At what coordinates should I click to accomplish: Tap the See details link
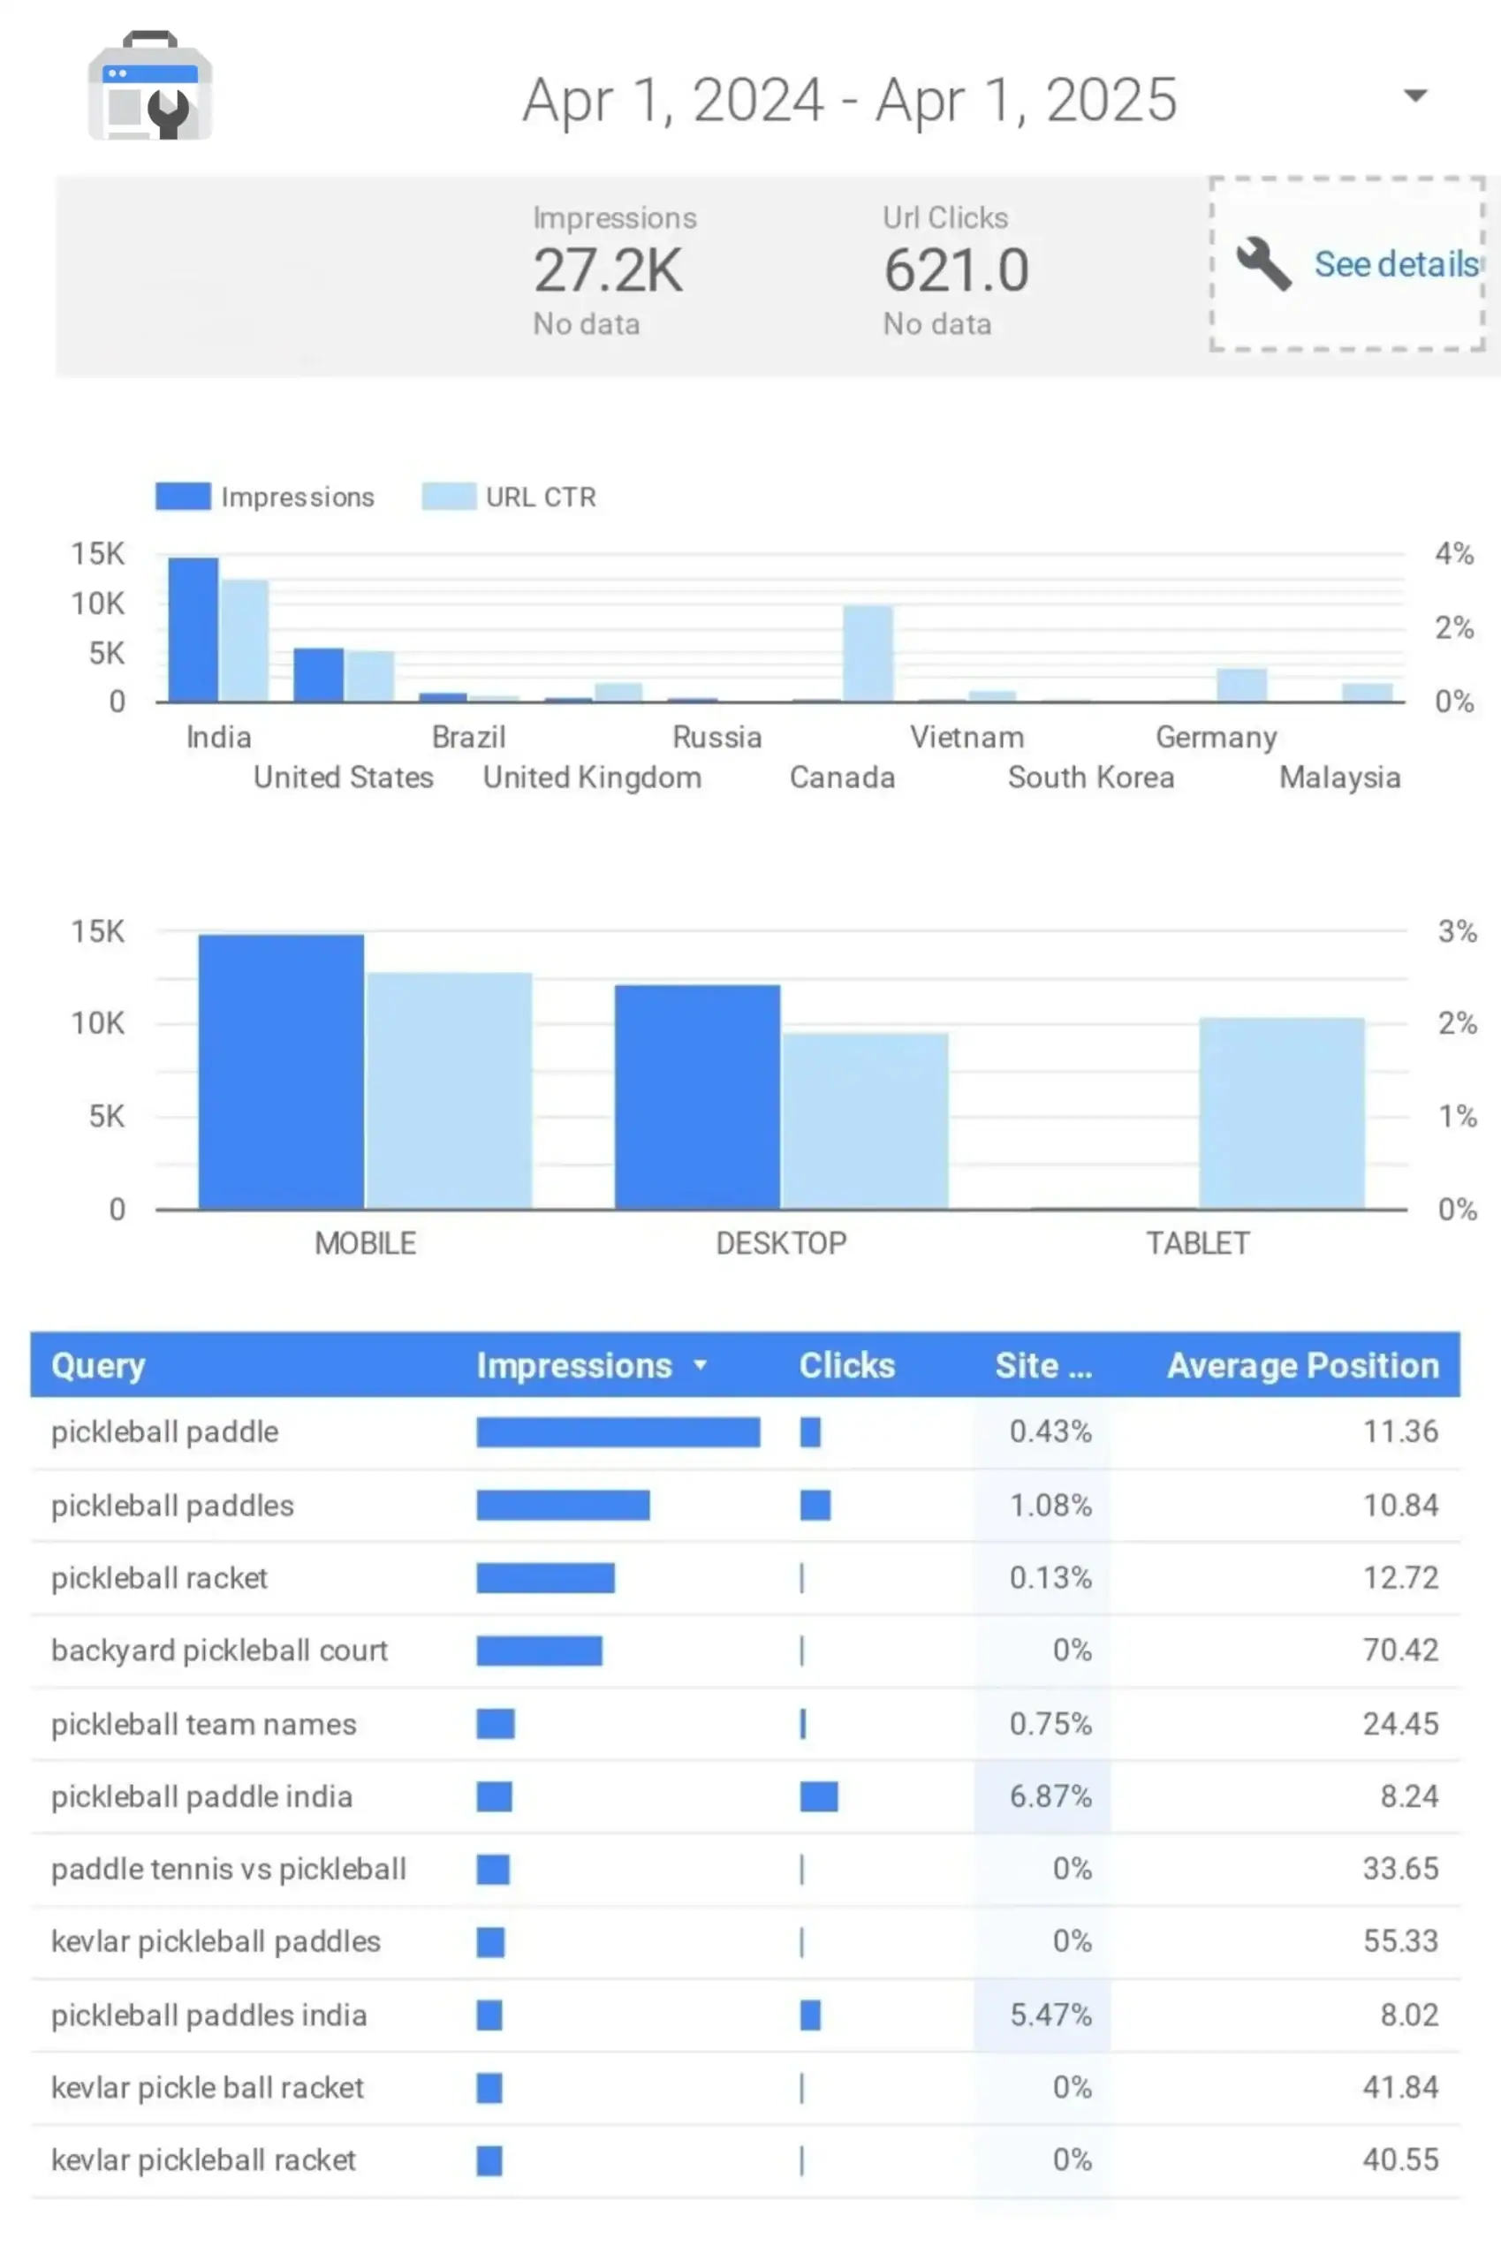1397,263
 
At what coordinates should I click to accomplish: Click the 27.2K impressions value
608,270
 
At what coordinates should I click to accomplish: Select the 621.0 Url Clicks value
955,270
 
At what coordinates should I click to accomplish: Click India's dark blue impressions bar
193,629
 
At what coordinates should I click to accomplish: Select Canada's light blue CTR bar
868,653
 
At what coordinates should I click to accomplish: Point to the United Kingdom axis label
592,778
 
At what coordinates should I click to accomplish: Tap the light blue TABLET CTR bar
1282,1112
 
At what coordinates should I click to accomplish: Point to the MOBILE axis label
366,1243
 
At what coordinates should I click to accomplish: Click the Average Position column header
1303,1365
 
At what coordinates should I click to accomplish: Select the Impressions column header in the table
574,1365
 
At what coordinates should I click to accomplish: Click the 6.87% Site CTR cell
1050,1795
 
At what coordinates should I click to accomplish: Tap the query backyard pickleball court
219,1651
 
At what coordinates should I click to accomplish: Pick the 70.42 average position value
1400,1650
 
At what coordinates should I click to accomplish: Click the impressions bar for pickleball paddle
618,1432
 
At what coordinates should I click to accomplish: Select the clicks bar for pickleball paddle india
818,1796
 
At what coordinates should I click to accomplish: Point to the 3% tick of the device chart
1457,931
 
